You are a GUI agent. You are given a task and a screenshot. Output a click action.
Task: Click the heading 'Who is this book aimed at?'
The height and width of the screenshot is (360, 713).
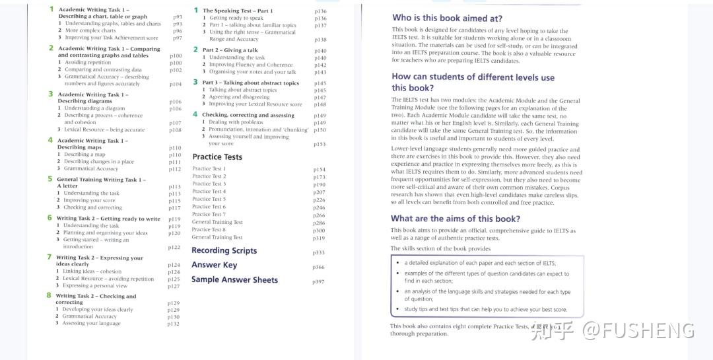(x=447, y=18)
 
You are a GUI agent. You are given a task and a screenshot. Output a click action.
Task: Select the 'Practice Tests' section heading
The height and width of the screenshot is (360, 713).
(x=217, y=157)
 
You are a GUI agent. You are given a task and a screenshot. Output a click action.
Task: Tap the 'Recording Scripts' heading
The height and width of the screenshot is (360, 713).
(x=224, y=250)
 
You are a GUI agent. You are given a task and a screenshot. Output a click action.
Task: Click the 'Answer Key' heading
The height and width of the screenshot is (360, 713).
(x=214, y=265)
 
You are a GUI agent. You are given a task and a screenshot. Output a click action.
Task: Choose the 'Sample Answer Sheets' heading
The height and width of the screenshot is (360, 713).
(x=234, y=280)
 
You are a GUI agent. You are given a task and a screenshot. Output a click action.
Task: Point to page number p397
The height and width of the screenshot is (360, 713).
(x=318, y=282)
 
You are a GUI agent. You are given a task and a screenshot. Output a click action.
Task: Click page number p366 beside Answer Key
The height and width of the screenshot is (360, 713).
(x=318, y=268)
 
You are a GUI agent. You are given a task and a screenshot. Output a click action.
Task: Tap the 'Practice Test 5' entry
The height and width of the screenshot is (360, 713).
(x=209, y=199)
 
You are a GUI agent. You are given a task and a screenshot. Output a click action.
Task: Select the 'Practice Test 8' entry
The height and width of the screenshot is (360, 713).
(x=209, y=229)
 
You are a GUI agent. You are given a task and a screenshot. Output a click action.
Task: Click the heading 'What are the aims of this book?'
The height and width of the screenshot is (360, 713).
(x=455, y=219)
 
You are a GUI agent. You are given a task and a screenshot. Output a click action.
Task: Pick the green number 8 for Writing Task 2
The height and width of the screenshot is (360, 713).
(x=49, y=295)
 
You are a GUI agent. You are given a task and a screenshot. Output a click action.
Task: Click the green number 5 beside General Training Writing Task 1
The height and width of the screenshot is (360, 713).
(x=50, y=178)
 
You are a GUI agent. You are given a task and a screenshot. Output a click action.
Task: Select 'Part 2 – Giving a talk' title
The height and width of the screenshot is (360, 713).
(x=230, y=50)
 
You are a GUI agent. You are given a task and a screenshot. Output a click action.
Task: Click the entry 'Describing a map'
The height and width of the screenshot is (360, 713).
(x=85, y=155)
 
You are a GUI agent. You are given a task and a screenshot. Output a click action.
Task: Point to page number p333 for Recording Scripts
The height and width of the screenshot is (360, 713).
(x=318, y=253)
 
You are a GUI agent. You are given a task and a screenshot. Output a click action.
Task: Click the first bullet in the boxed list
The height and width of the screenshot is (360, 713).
(x=397, y=262)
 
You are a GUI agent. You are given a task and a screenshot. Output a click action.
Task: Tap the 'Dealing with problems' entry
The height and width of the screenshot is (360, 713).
(x=236, y=122)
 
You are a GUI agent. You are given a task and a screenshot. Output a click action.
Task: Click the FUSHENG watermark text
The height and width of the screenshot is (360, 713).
(x=638, y=330)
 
